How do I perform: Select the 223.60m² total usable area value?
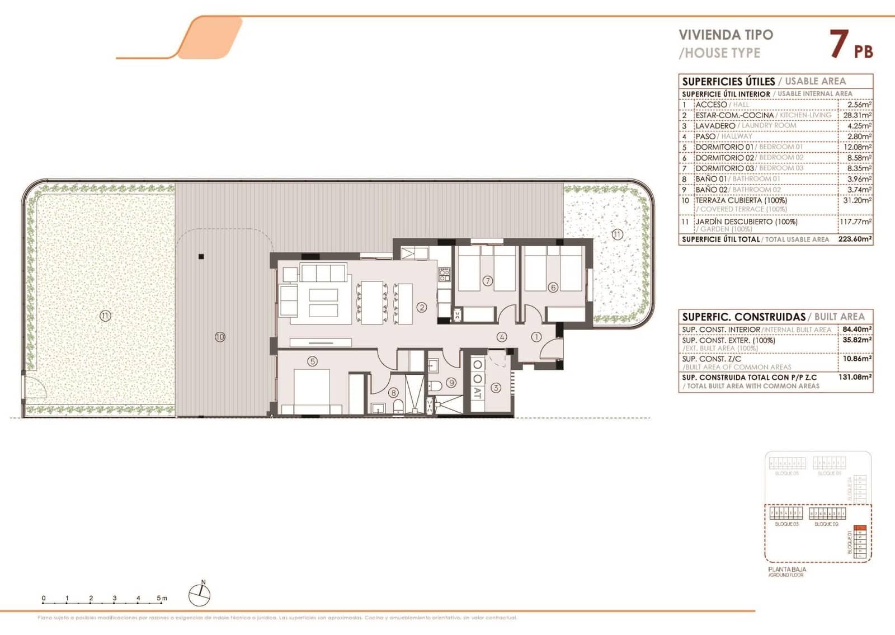click(x=855, y=239)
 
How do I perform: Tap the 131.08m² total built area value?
click(x=855, y=377)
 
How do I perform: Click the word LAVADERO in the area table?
click(x=715, y=126)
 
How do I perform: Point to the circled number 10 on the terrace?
click(x=220, y=337)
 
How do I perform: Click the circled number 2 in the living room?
click(x=422, y=307)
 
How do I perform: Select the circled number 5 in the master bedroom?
click(x=312, y=361)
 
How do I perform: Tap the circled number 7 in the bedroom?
click(x=488, y=281)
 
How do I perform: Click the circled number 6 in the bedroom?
click(x=553, y=288)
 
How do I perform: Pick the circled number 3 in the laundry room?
click(x=496, y=387)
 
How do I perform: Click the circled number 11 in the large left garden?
click(x=105, y=316)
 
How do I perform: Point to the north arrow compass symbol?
click(x=199, y=595)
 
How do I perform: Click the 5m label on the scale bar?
click(x=162, y=598)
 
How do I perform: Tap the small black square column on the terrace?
click(x=201, y=257)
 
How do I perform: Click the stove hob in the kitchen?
click(x=444, y=274)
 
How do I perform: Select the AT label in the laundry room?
click(x=477, y=393)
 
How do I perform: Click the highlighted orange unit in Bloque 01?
click(x=861, y=528)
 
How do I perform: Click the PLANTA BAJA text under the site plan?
click(x=787, y=569)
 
